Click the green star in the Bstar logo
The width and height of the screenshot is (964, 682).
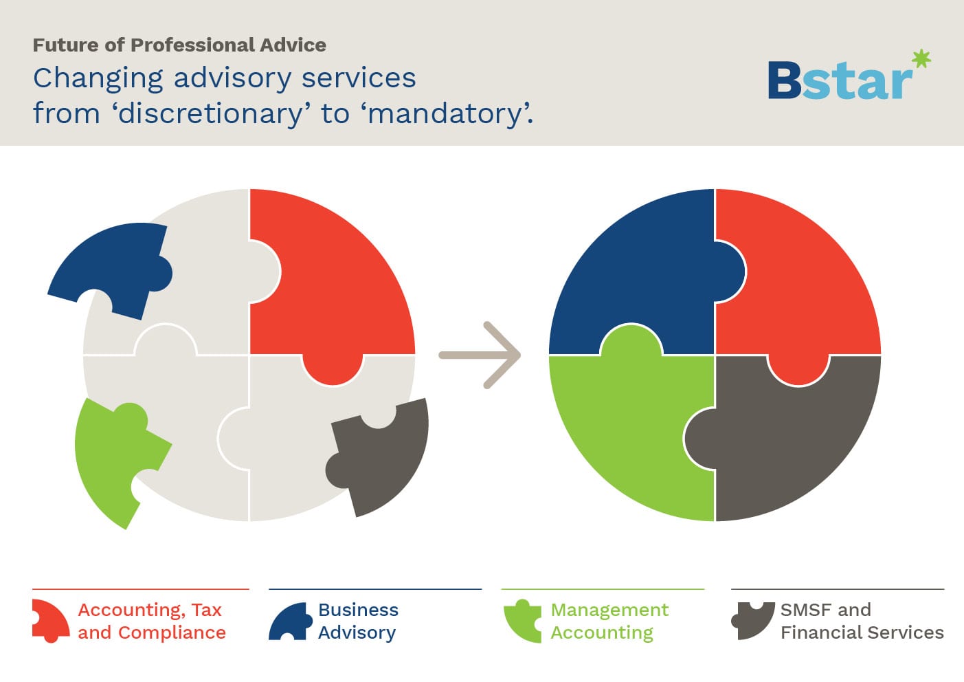tap(921, 58)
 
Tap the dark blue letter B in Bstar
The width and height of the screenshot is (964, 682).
tap(785, 80)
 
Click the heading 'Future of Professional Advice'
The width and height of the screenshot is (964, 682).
tap(179, 45)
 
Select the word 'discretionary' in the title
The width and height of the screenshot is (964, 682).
tap(211, 113)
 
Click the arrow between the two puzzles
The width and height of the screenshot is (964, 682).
tap(480, 355)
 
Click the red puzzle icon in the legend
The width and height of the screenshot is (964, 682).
tap(50, 621)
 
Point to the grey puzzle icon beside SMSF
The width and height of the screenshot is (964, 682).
tap(753, 620)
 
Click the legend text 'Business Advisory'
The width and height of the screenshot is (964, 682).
tap(358, 621)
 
